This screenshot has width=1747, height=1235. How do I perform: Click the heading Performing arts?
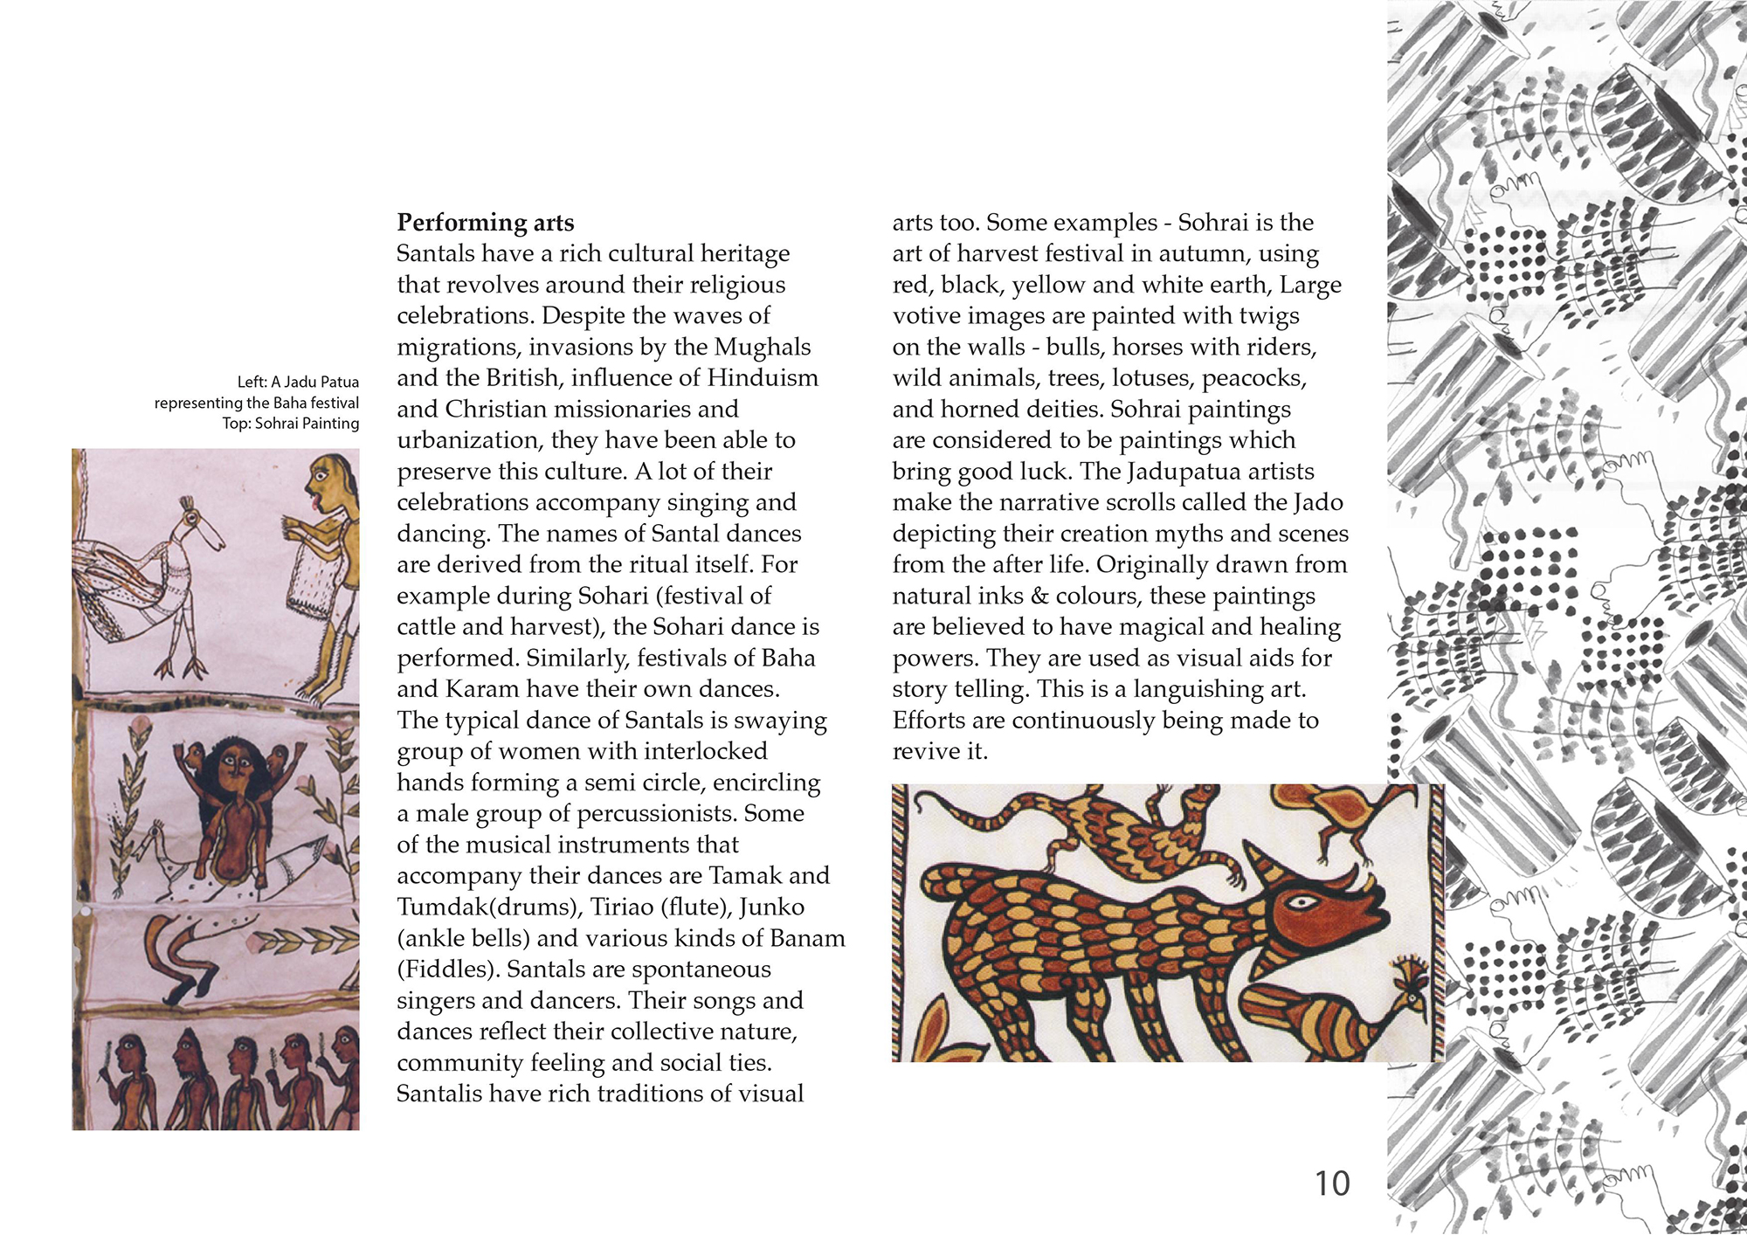coord(486,223)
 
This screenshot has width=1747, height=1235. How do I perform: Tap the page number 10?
coord(1332,1183)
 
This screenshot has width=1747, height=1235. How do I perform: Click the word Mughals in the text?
coord(763,348)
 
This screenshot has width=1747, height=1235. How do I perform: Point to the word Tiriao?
coord(623,907)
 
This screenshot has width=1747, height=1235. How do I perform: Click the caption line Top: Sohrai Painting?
coord(290,424)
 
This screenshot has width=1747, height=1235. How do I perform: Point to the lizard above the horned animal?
coord(1127,830)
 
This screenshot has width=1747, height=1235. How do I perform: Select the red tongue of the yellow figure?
coord(308,504)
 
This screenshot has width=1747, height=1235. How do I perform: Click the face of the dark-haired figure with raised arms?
coord(233,764)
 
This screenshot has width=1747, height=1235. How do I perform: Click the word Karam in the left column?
coord(483,689)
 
